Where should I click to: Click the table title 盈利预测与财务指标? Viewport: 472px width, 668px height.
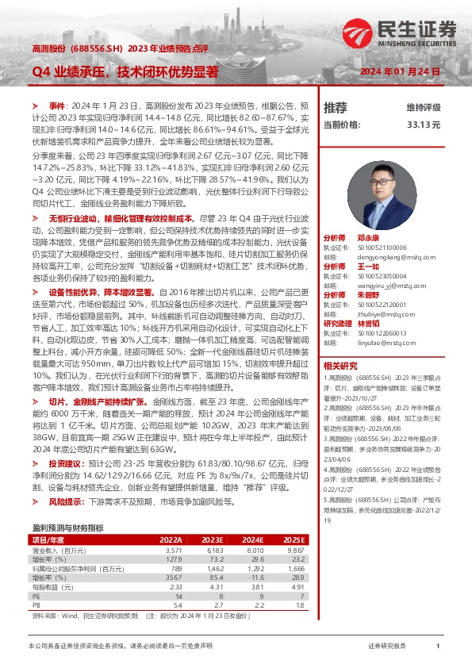pos(67,527)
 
